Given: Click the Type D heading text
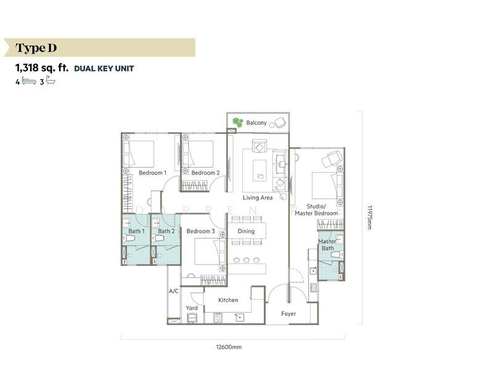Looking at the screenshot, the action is [36, 48].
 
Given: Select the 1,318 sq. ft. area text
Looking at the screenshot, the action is [42, 68].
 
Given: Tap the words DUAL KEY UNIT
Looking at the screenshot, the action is [104, 68].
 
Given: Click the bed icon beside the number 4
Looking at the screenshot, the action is [29, 81].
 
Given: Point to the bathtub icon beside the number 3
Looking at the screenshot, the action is [51, 80].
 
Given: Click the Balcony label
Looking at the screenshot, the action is [256, 123].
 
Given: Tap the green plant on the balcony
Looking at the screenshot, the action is [238, 122].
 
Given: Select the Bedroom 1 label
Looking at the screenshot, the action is [152, 173].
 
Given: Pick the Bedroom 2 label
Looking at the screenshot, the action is [205, 173].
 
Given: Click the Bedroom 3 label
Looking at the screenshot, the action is [201, 231].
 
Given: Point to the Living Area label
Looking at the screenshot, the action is [258, 197].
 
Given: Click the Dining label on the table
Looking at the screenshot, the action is [246, 231].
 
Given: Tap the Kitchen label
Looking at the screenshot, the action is [228, 300].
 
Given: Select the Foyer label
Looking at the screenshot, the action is [288, 314].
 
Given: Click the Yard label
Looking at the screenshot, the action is [192, 308].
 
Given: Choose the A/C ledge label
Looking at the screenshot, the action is [174, 291].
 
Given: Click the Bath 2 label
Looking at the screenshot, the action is [166, 231].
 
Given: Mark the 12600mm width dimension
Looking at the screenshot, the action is [229, 347].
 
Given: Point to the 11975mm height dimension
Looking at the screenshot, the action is [370, 218].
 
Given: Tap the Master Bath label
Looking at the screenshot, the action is [327, 245].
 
